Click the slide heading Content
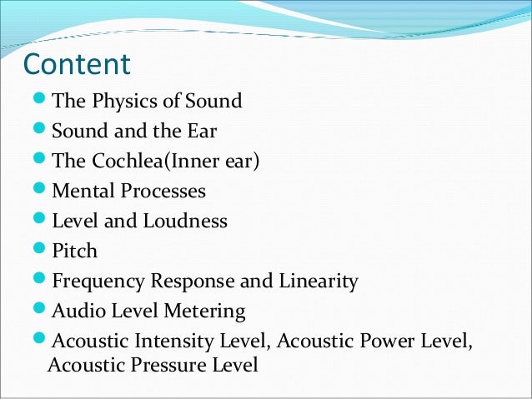click(77, 64)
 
